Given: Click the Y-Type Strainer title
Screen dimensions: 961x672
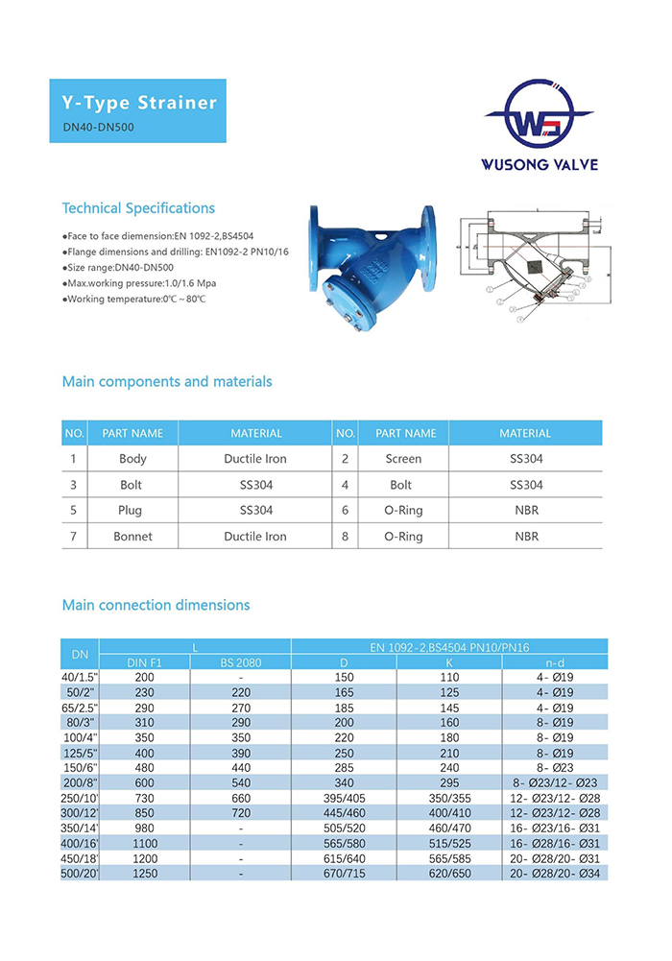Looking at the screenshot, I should coord(138,103).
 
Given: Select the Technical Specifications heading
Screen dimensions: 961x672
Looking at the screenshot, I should coord(138,208).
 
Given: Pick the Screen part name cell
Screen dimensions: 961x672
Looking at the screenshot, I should coord(403,459).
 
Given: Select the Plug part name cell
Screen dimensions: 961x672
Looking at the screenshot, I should coord(132,511).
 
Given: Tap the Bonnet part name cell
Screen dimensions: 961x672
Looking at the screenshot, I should coord(132,537).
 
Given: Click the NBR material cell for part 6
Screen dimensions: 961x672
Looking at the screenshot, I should coord(525,511).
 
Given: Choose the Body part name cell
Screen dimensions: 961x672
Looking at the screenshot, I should coord(132,459).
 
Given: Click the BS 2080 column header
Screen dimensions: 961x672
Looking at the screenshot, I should coord(240,662).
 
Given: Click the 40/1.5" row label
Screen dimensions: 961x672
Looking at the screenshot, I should coord(80,677).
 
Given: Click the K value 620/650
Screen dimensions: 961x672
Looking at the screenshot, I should coord(449,876).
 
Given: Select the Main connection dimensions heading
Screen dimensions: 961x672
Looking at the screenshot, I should coord(156,606).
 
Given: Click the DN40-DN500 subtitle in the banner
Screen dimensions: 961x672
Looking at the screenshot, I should coord(92,126).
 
